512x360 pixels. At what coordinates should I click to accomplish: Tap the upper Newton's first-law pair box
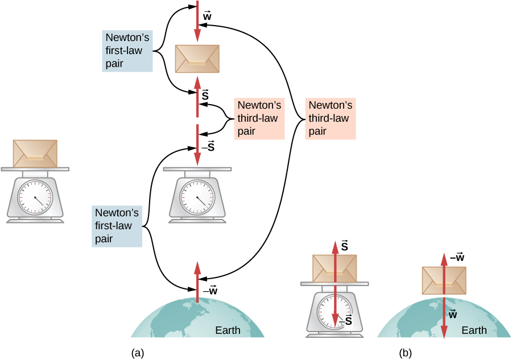(127, 51)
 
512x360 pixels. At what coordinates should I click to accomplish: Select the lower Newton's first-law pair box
(117, 226)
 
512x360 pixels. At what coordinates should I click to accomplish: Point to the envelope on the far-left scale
(35, 154)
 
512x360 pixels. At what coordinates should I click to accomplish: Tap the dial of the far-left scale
(35, 197)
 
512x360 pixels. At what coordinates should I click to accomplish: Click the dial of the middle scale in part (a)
(197, 197)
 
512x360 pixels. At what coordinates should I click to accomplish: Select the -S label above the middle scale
(208, 147)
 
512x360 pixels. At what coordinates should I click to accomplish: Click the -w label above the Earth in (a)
(210, 290)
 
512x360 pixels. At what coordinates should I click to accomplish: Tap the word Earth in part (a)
(228, 330)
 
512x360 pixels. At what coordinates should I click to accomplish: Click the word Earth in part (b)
(474, 330)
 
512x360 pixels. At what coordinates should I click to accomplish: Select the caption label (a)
(137, 353)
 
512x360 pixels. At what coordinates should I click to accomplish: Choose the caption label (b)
(405, 353)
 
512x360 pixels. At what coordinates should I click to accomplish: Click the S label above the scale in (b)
(345, 246)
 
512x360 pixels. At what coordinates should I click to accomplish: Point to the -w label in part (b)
(457, 257)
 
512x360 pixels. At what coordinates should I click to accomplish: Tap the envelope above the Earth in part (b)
(444, 280)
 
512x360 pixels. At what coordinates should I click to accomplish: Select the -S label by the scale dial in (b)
(346, 321)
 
